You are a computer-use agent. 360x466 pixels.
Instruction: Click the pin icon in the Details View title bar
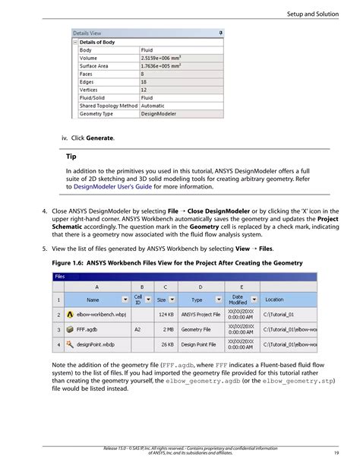(220, 33)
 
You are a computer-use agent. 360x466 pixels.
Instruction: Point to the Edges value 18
(145, 82)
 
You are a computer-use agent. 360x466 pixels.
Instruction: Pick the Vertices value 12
(145, 90)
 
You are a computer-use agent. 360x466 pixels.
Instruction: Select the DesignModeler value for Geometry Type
(158, 114)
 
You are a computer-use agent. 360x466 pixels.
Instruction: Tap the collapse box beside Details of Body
(75, 42)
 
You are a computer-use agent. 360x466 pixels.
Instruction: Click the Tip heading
(71, 157)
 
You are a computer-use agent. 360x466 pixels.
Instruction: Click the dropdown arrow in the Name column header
(125, 300)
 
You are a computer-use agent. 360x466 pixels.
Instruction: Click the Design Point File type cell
(201, 344)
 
